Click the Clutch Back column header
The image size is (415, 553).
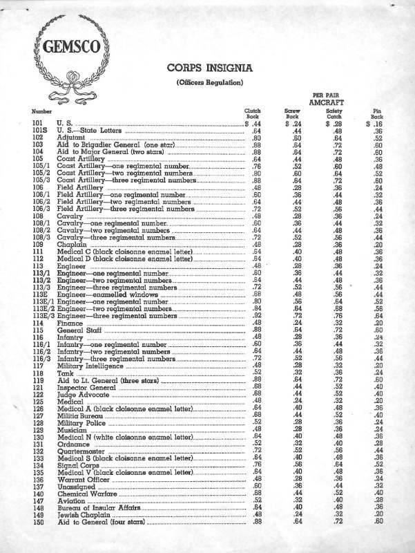pos(252,114)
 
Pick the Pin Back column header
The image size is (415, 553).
pos(377,114)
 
